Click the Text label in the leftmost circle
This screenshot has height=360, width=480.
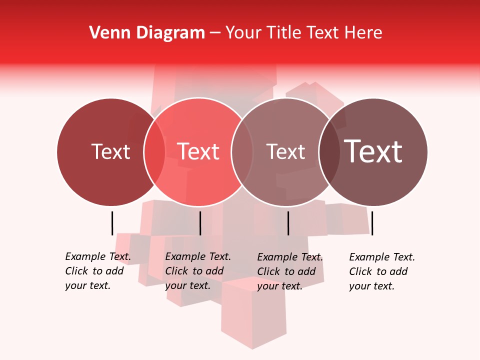point(110,151)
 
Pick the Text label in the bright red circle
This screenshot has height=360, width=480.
point(198,151)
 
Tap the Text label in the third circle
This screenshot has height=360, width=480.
point(285,151)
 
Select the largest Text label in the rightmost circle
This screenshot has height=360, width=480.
point(373,151)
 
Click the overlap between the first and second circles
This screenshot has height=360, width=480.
point(154,151)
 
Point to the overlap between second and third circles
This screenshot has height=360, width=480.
point(242,151)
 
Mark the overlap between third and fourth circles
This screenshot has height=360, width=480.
point(329,151)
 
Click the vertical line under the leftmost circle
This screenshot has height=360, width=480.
point(112,223)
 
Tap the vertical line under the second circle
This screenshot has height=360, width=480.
point(200,223)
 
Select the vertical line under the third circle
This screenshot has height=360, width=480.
point(288,223)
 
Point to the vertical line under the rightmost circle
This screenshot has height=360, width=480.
point(372,223)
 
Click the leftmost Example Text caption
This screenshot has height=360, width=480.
point(97,271)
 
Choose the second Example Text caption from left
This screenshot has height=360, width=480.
point(197,271)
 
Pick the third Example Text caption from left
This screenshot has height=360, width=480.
point(289,271)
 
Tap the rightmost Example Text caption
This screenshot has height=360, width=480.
point(381,271)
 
